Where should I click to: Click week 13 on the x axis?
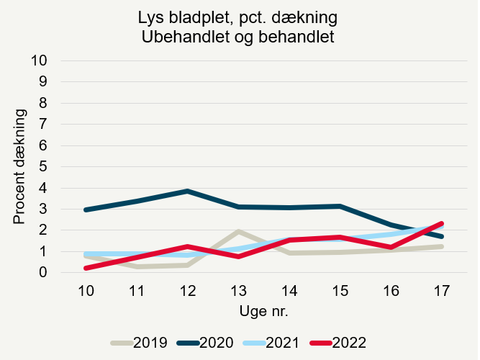238,290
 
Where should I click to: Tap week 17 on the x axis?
442,290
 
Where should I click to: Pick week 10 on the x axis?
86,290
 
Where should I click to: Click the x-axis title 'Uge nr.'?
263,311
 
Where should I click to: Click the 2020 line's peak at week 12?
188,191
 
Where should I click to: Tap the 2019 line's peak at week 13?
238,231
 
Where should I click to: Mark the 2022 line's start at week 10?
86,268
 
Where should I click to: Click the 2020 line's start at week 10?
86,210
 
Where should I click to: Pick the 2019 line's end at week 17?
442,246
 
